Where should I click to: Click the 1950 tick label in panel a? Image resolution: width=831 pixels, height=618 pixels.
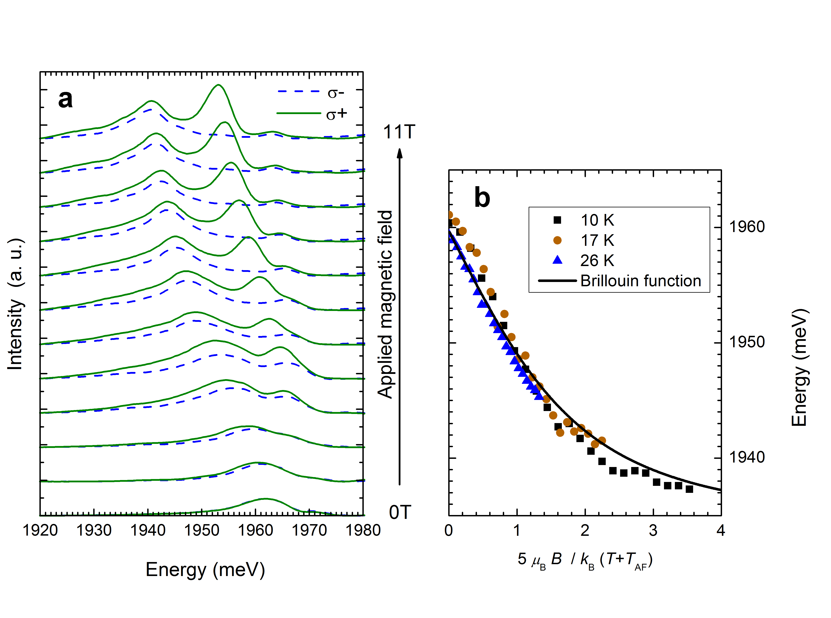click(202, 531)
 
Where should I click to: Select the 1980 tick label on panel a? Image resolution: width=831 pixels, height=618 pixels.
click(363, 531)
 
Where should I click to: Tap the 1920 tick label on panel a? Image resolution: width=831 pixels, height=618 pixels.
click(40, 531)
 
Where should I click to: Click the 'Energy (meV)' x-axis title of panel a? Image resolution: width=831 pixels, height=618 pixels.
click(205, 570)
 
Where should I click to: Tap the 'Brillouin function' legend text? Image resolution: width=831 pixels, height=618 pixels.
click(640, 281)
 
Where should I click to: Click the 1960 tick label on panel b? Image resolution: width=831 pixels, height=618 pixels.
click(747, 227)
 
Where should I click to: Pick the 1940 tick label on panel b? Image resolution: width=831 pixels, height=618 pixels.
click(747, 457)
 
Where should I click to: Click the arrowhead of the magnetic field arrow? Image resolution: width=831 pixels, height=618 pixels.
click(400, 153)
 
